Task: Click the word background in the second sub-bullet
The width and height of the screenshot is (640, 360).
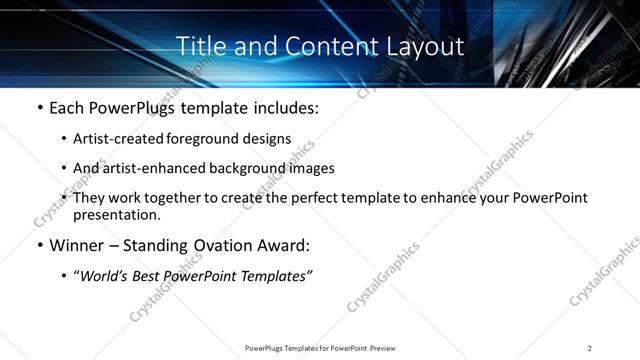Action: click(244, 168)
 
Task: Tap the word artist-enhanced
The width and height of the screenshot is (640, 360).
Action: click(150, 168)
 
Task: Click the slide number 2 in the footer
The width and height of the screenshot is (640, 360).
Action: click(590, 348)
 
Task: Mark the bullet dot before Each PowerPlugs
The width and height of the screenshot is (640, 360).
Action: click(39, 106)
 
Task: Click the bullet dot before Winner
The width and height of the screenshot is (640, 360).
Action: click(39, 245)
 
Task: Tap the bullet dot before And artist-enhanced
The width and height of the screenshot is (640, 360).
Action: click(65, 168)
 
